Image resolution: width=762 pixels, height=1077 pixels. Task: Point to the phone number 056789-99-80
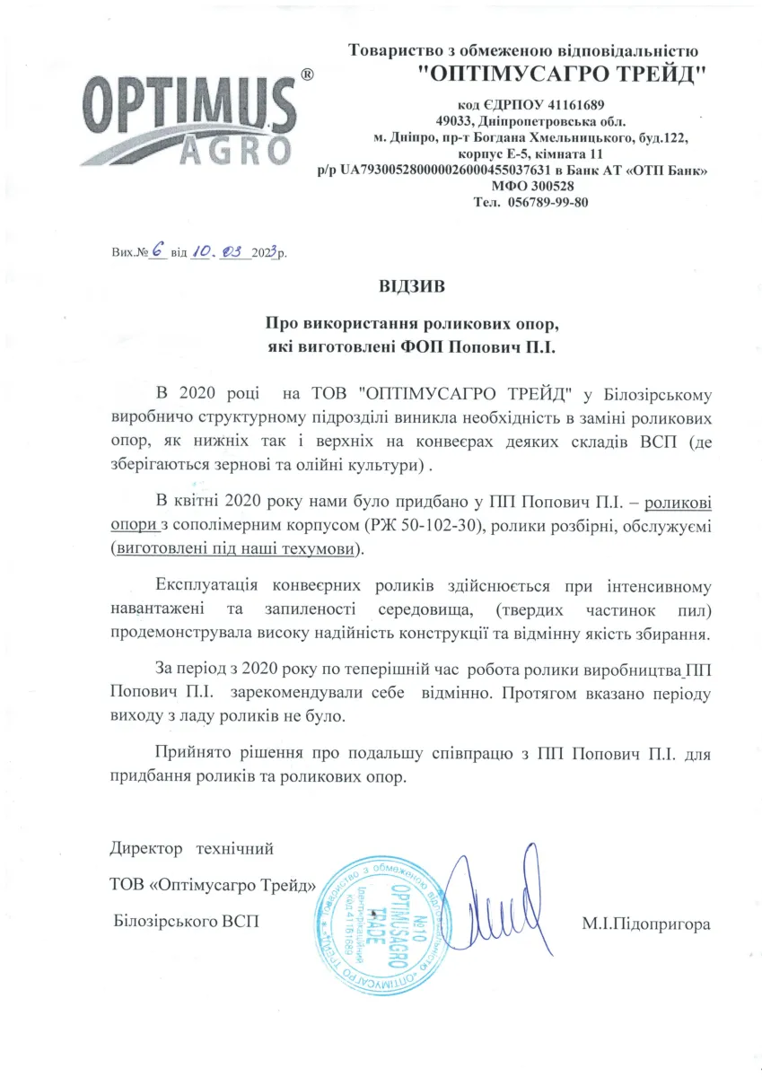click(x=548, y=202)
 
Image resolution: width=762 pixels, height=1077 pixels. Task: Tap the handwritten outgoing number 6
click(x=156, y=252)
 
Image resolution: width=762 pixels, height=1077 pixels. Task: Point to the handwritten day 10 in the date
click(x=202, y=252)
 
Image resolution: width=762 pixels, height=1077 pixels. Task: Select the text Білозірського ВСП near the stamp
click(x=187, y=922)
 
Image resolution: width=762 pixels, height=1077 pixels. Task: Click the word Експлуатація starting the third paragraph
click(x=207, y=587)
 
